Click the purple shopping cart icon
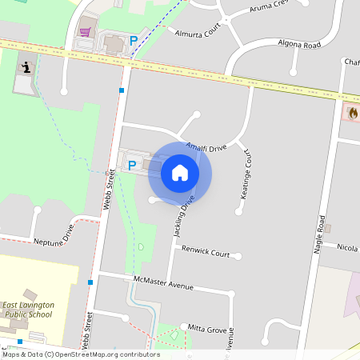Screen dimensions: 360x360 pyautogui.click(x=85, y=33)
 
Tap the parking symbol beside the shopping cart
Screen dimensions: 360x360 pyautogui.click(x=134, y=40)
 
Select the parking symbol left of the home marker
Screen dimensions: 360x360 pyautogui.click(x=132, y=166)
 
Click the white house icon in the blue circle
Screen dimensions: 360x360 pyautogui.click(x=180, y=173)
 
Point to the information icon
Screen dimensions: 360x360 pyautogui.click(x=26, y=68)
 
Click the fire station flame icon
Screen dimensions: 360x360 pyautogui.click(x=353, y=113)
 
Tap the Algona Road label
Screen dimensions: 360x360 pyautogui.click(x=299, y=44)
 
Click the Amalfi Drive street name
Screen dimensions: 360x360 pyautogui.click(x=207, y=147)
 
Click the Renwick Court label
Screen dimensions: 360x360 pyautogui.click(x=206, y=254)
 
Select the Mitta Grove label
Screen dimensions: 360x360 pyautogui.click(x=207, y=328)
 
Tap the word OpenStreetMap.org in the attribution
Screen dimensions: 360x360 pyautogui.click(x=106, y=354)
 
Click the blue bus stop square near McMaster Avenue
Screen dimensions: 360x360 pyautogui.click(x=90, y=282)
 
